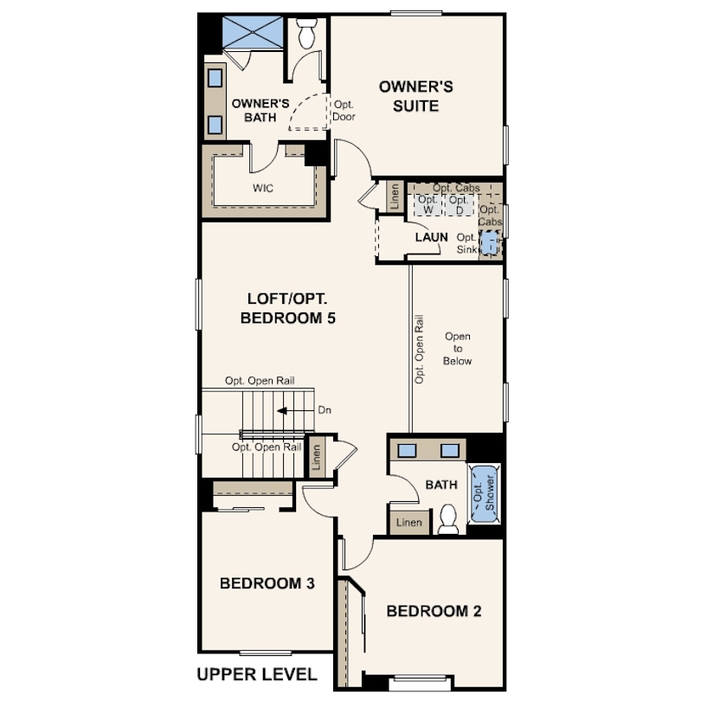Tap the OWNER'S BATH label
point(254,110)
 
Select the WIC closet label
point(263,188)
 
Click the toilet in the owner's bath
point(307,35)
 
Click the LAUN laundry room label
point(431,236)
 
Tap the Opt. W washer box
point(428,205)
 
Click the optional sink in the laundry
point(490,242)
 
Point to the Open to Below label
point(458,348)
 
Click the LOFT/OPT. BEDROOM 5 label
point(286,308)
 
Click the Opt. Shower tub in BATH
point(483,495)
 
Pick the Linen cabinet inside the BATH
point(409,523)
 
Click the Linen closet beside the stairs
point(317,460)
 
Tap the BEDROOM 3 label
point(267,583)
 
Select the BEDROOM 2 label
point(433,612)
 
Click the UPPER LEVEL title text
point(257,674)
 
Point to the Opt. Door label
point(344,110)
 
